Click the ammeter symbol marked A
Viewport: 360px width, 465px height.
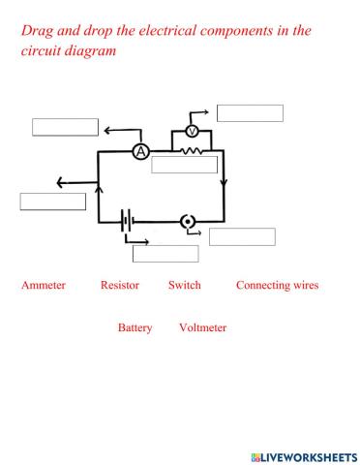coord(140,152)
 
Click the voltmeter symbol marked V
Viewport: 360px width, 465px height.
coord(192,131)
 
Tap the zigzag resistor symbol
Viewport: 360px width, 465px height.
coord(194,151)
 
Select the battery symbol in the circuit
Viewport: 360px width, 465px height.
coord(126,222)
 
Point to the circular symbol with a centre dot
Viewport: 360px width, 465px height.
coord(188,222)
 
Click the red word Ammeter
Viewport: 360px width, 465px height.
coord(43,286)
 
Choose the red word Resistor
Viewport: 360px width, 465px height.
coord(120,286)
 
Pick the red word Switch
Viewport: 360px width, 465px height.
coord(184,286)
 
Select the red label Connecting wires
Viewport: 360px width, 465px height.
coord(277,286)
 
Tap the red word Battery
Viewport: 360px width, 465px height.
coord(135,328)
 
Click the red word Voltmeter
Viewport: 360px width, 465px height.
coord(202,328)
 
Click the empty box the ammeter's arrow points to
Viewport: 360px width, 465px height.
coord(65,127)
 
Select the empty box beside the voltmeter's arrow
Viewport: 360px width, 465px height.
coord(250,113)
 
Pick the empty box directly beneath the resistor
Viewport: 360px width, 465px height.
coord(184,165)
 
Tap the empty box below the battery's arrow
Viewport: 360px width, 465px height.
coord(165,254)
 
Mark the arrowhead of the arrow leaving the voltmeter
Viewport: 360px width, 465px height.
coord(205,113)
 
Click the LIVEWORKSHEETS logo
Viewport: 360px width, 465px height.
coord(303,454)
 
